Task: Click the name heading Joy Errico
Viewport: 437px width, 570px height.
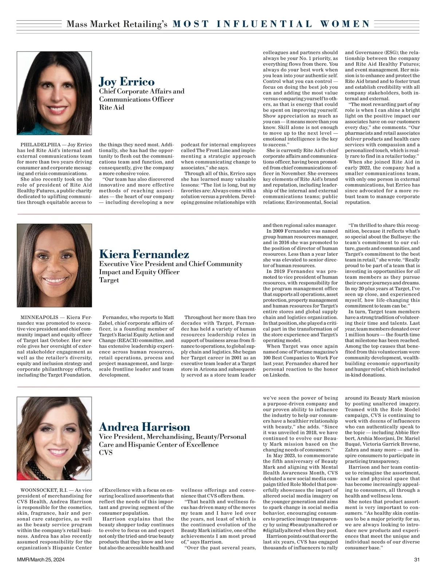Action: point(127,81)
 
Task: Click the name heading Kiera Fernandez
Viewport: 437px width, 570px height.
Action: point(144,254)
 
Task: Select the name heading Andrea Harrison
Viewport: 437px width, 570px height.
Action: point(145,426)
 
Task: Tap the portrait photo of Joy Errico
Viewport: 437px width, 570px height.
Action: point(54,93)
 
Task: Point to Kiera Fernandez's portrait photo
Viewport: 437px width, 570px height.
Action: point(54,265)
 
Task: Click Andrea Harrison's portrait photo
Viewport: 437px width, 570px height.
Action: point(54,438)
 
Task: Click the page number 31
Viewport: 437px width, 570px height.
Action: point(417,559)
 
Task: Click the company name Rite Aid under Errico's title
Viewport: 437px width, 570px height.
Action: point(111,107)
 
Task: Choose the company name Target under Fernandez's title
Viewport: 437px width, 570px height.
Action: point(109,280)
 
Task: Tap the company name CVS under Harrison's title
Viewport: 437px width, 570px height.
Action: point(106,453)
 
